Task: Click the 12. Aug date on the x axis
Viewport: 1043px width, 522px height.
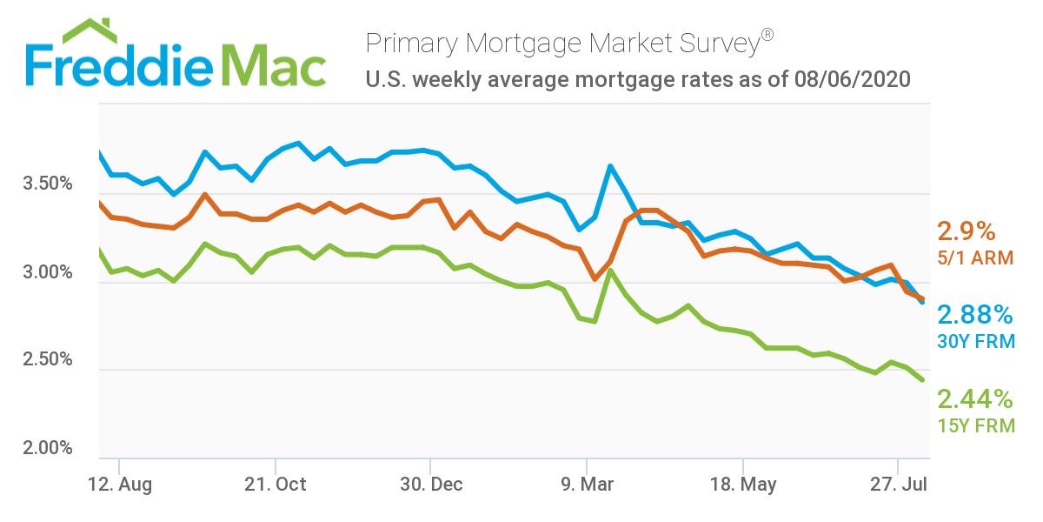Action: point(122,485)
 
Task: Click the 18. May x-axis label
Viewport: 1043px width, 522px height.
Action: point(743,485)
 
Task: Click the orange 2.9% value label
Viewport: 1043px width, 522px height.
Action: point(966,232)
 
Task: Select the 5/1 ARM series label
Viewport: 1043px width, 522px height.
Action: point(973,258)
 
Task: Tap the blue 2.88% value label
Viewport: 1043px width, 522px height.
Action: point(975,315)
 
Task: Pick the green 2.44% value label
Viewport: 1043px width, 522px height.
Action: point(975,399)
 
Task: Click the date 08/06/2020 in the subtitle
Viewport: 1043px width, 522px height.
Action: point(852,81)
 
